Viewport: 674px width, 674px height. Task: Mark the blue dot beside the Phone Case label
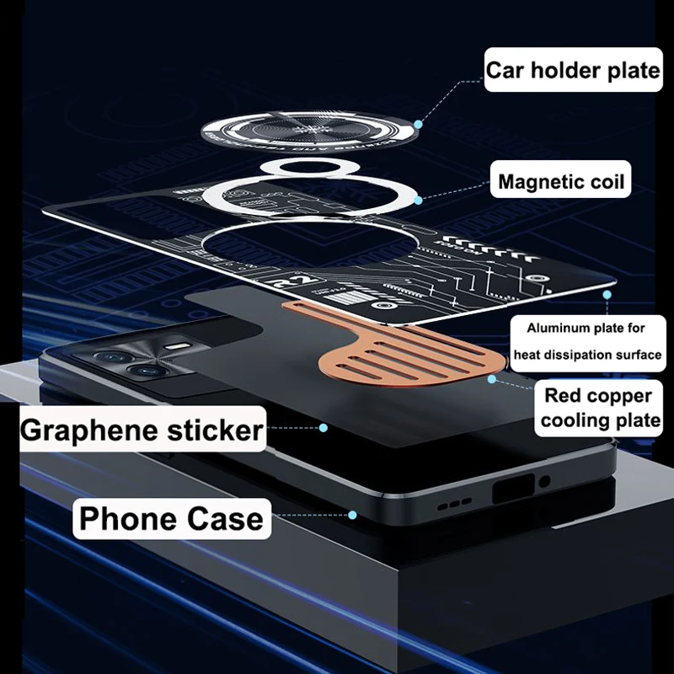pyautogui.click(x=353, y=515)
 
